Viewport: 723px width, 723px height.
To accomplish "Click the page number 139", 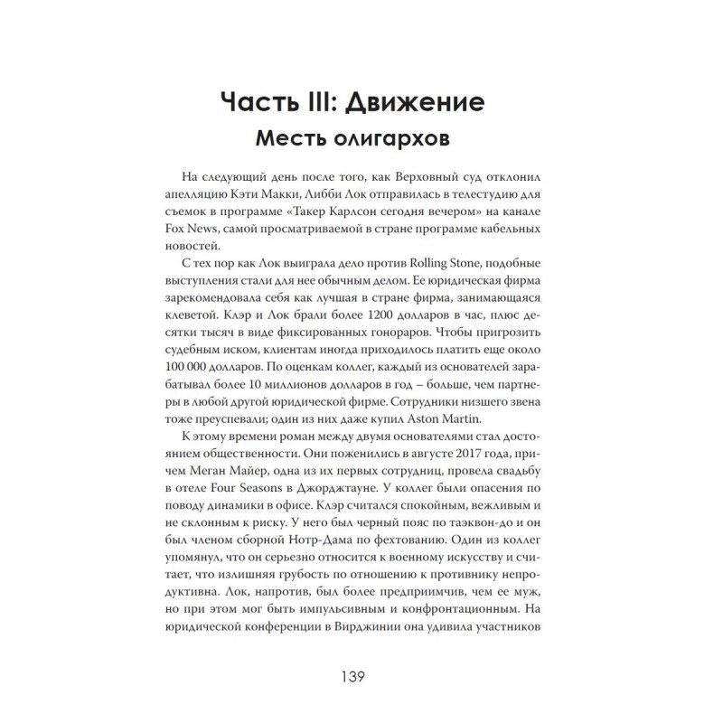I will click(361, 675).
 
